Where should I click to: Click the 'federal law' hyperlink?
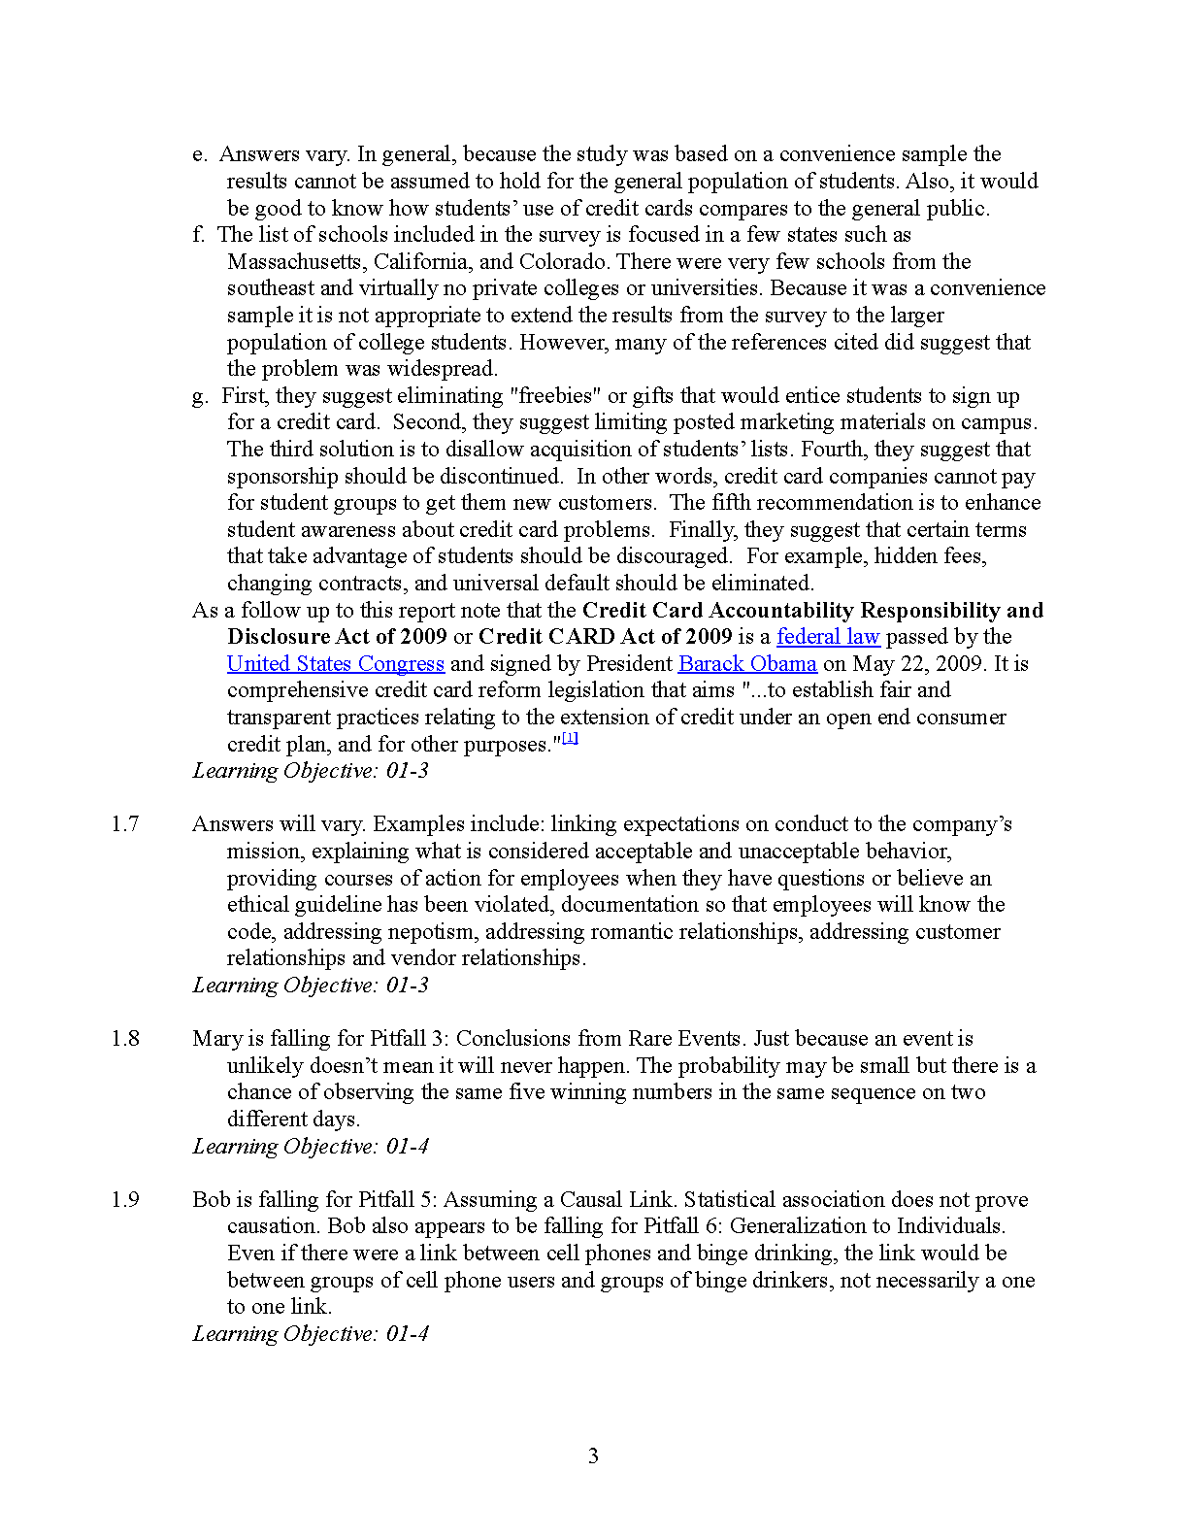click(828, 637)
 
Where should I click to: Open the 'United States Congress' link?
click(336, 664)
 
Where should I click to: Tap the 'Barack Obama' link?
click(747, 664)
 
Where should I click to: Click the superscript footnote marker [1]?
click(571, 738)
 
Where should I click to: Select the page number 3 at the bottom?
click(593, 1455)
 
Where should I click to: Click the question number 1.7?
click(125, 824)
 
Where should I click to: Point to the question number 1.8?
click(125, 1039)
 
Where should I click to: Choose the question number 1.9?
click(125, 1200)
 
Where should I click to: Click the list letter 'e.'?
click(199, 154)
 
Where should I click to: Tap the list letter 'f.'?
click(198, 235)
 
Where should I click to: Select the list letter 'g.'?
click(200, 396)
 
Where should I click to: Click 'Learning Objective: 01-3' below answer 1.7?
click(311, 986)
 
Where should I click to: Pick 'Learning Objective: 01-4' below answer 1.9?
click(311, 1334)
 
